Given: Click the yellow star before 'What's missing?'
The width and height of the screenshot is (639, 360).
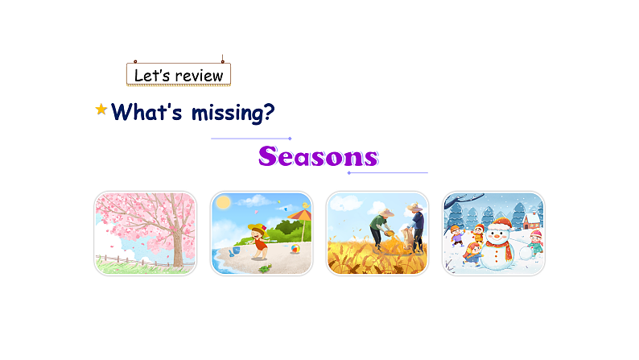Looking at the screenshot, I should click(x=101, y=110).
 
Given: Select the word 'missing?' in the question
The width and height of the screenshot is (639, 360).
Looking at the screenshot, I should click(x=233, y=112).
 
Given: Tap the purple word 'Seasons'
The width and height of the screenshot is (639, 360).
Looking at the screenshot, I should click(x=319, y=156).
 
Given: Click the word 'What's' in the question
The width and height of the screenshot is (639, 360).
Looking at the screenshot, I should click(x=147, y=112).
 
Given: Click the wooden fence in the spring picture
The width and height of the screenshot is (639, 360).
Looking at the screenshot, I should click(x=121, y=260).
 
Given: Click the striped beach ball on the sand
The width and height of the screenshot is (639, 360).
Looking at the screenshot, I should click(x=295, y=250).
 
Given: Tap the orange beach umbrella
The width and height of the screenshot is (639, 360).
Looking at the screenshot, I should click(x=299, y=213).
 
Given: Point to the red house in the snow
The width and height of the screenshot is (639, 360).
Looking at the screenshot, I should click(x=531, y=218).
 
